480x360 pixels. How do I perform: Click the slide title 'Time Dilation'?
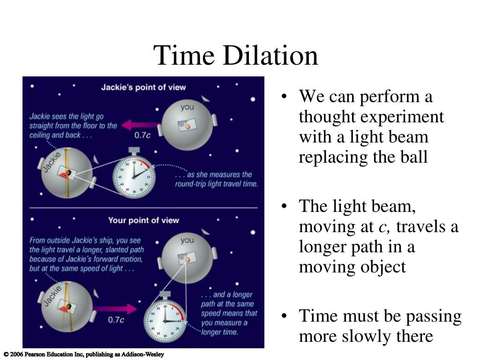(236, 55)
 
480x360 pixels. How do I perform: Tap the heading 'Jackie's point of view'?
(143, 87)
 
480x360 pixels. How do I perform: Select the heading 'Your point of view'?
(143, 220)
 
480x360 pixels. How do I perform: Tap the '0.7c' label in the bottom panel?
(116, 320)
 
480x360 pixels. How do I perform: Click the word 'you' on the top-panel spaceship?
(187, 107)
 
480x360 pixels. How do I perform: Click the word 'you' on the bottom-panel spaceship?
(187, 240)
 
